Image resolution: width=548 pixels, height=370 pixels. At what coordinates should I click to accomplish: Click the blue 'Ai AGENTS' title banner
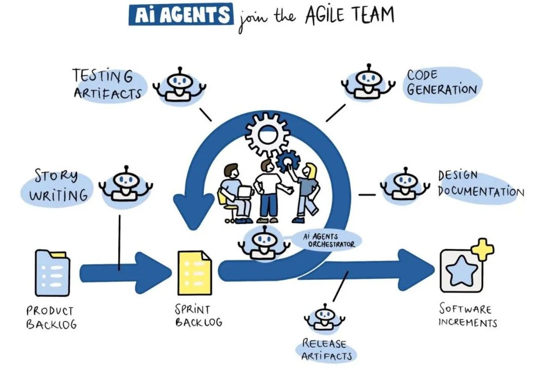181,14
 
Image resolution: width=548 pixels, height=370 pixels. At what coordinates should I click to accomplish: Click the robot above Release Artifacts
325,317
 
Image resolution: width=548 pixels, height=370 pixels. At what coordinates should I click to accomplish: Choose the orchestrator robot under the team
264,243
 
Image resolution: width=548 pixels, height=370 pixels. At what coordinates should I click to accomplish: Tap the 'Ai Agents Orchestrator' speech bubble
326,240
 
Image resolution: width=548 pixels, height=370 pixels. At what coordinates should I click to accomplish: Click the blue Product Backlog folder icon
52,273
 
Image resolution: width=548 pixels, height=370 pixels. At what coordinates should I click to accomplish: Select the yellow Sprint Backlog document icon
195,273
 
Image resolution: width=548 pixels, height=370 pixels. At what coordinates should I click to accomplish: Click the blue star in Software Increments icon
461,271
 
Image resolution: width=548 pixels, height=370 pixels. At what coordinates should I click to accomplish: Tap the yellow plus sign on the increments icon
483,250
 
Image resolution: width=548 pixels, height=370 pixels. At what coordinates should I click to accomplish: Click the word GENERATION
442,89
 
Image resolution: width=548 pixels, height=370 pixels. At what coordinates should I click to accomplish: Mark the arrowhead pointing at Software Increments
416,270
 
